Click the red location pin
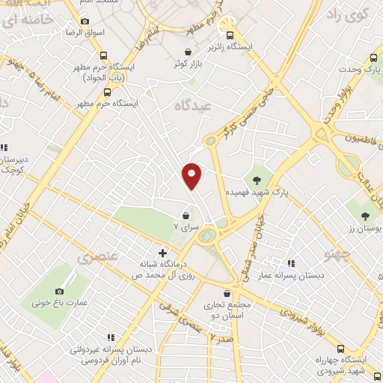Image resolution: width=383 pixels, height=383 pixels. point(192,176)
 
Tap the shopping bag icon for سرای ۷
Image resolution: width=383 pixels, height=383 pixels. point(185,216)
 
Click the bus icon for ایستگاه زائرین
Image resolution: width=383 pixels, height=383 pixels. point(230,34)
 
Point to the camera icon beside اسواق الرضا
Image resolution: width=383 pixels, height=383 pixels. point(84,22)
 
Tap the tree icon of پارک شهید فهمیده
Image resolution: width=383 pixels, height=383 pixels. point(257,179)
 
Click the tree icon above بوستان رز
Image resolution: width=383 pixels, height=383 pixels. point(365,216)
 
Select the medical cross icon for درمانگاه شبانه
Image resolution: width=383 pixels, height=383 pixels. point(162,254)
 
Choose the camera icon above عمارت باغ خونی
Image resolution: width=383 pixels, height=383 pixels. point(60,291)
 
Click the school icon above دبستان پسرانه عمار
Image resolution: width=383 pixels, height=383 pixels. point(290,263)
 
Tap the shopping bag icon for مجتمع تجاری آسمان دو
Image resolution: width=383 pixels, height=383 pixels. point(229,293)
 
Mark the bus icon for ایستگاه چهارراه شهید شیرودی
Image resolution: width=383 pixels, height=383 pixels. point(341,349)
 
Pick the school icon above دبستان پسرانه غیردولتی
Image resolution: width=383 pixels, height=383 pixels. point(111,337)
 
